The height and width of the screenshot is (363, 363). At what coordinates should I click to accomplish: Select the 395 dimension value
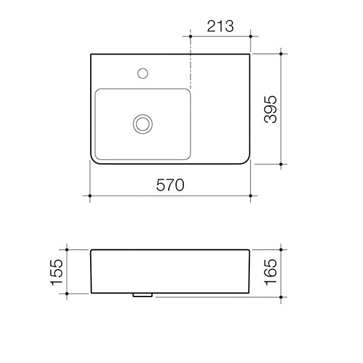click(270, 109)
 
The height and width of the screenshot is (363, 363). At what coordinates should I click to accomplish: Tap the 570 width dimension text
click(170, 185)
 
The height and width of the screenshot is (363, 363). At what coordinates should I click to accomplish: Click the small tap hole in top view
click(143, 74)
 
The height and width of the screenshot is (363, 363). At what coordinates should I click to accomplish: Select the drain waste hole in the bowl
click(143, 123)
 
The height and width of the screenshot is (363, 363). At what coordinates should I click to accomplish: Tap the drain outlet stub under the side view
click(142, 295)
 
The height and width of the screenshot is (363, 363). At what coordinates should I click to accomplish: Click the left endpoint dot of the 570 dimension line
click(90, 197)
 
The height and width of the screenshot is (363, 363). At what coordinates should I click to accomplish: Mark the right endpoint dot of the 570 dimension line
click(251, 197)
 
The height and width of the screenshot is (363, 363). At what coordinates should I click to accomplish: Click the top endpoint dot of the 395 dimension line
click(282, 53)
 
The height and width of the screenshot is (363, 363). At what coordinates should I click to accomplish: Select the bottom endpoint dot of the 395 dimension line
click(282, 163)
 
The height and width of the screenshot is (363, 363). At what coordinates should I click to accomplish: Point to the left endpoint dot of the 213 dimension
click(191, 36)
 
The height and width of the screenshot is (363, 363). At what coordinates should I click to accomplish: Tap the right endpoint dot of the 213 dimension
click(251, 36)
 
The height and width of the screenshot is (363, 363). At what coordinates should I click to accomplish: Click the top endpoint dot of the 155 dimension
click(67, 249)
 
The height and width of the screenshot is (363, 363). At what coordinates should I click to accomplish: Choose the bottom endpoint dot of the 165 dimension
click(282, 298)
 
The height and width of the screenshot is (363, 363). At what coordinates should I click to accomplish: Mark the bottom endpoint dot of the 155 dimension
click(67, 293)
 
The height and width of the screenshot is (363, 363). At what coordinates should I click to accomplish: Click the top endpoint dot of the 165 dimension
click(282, 249)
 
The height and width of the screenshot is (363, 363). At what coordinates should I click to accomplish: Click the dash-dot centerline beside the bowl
click(191, 67)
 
